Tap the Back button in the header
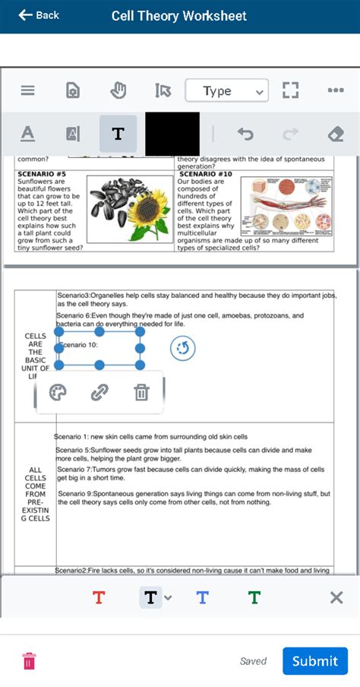click(38, 15)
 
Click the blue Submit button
click(314, 660)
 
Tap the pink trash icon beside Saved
click(28, 660)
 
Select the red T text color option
click(99, 598)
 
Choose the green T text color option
click(254, 598)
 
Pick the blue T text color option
click(202, 598)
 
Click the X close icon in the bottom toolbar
click(336, 598)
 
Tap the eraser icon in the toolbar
click(335, 135)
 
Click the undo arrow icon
click(245, 135)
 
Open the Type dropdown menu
click(226, 91)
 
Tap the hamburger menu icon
click(28, 91)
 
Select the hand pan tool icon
click(118, 91)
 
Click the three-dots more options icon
click(336, 91)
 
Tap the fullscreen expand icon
click(290, 91)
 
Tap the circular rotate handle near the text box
click(182, 349)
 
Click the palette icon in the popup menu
click(58, 392)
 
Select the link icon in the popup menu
click(99, 392)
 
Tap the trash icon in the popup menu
click(141, 392)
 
